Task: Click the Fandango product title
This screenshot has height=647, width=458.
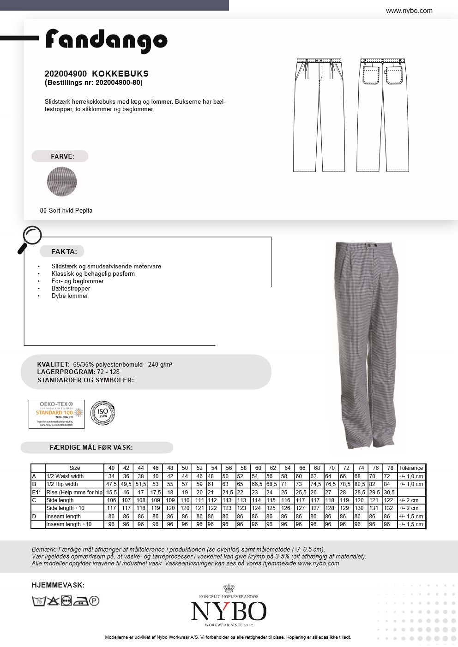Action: coord(106,41)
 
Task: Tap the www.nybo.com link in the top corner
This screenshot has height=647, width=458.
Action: coord(409,11)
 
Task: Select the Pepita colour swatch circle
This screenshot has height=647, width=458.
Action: coord(62,182)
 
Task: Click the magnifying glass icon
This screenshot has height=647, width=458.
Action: coord(29,239)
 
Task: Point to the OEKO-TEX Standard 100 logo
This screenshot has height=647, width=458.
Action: coord(56,414)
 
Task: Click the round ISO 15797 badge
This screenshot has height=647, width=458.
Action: coord(102,413)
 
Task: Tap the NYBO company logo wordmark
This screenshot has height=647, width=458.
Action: coord(229,611)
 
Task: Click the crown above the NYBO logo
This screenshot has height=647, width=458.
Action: coord(229,588)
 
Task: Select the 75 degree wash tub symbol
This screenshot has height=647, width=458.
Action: coord(39,601)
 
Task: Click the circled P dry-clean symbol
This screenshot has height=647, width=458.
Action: coord(94,601)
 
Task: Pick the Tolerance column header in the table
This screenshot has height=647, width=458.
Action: coord(410,468)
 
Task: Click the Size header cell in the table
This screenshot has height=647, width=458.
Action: coord(75,468)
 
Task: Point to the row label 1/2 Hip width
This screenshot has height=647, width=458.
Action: coord(62,484)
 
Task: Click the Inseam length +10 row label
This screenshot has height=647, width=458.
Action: coord(69,524)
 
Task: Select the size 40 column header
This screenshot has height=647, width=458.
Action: coord(111,468)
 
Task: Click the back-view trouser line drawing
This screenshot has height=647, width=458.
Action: coord(383,115)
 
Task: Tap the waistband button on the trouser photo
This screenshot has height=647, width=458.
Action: coord(368,244)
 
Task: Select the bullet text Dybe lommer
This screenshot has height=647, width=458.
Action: coord(70,296)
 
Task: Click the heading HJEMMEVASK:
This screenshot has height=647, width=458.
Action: coord(58,585)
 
